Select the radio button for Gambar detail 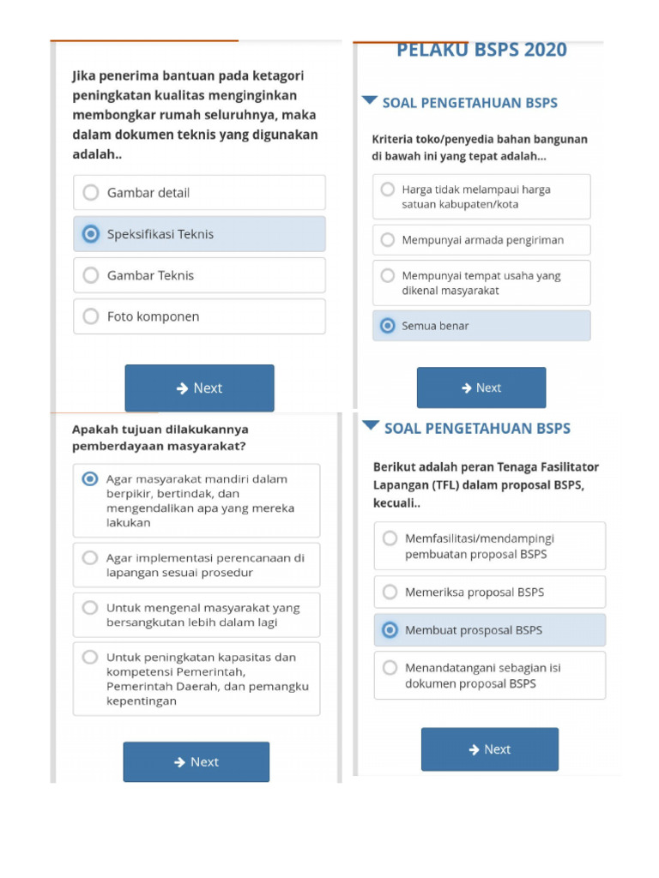coord(91,193)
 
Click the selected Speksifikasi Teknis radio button coord(90,234)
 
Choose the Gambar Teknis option coord(91,275)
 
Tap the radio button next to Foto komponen coord(91,316)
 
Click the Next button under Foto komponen coord(199,388)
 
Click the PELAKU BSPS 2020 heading coord(481,51)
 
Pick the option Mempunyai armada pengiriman coord(388,240)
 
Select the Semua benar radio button coord(388,326)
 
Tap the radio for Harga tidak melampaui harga coord(388,189)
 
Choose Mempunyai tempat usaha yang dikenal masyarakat coord(388,276)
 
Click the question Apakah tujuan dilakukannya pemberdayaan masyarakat coord(161,437)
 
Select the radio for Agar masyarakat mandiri coord(90,479)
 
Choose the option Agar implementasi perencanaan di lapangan coord(90,558)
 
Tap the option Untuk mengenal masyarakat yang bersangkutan coord(90,608)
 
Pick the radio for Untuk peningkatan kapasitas coord(90,658)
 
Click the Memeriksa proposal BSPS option coord(390,592)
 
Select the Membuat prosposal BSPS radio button coord(390,630)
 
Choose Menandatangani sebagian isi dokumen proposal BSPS coord(390,668)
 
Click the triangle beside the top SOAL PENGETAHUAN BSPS coord(369,101)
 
